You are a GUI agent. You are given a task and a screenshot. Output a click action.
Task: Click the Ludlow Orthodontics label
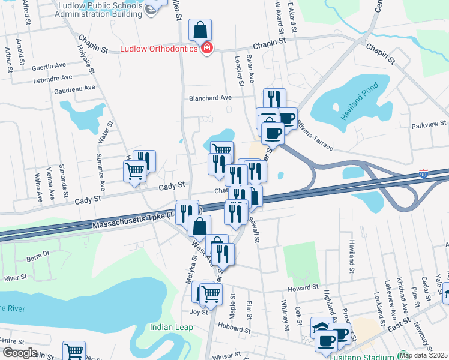[x=159, y=48]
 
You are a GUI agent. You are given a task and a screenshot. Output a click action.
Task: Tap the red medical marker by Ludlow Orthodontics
[x=206, y=47]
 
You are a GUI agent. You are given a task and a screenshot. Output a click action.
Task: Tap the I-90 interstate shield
[x=424, y=173]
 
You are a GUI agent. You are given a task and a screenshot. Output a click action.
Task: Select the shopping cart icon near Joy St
[x=211, y=293]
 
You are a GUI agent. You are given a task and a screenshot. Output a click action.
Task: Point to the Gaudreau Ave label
[x=74, y=88]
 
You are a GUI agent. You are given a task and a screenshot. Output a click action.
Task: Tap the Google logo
[x=20, y=353]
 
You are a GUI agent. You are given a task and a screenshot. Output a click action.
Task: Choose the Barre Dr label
[x=37, y=259]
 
